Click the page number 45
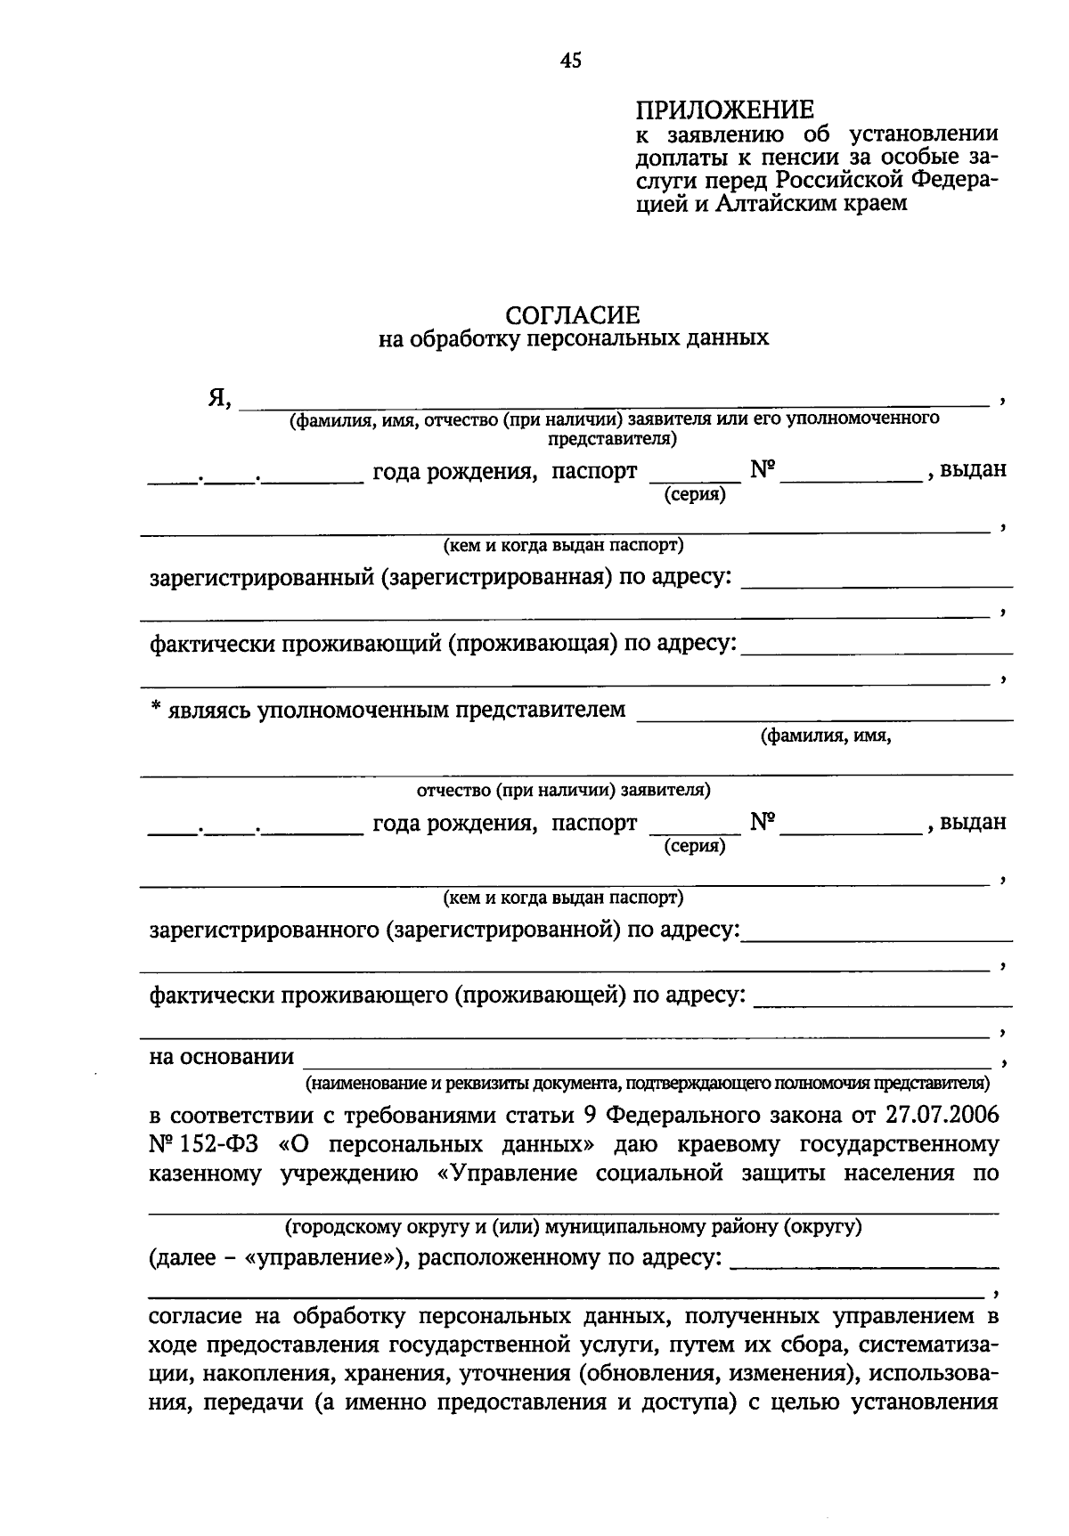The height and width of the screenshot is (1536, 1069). (x=570, y=61)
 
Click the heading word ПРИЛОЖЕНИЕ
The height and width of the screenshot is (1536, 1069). (x=724, y=110)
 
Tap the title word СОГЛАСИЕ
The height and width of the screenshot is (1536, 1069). (x=573, y=315)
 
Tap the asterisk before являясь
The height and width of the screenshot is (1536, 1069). (x=155, y=709)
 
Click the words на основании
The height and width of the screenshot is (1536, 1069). (x=222, y=1057)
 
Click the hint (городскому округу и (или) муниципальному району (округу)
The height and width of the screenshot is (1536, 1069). (x=573, y=1228)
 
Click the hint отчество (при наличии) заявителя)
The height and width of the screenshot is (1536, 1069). (x=563, y=790)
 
